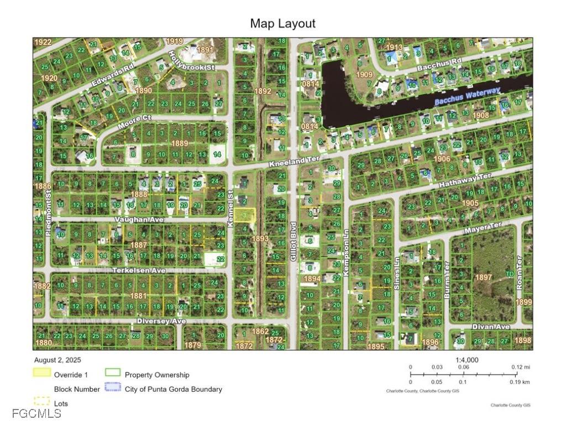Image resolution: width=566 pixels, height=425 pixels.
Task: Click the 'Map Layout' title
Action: click(282, 23)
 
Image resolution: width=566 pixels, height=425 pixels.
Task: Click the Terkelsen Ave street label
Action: click(139, 271)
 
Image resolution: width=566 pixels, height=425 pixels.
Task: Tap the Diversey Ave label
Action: click(162, 321)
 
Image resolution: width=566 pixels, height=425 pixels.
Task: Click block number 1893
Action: click(261, 239)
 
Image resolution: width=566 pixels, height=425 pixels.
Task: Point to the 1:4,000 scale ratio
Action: click(467, 360)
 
